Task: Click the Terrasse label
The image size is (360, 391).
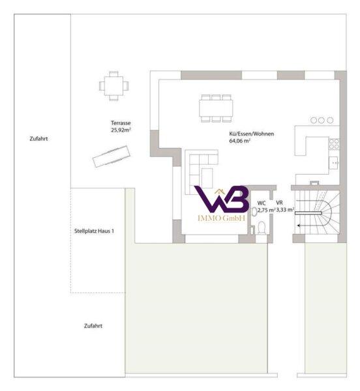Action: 121,123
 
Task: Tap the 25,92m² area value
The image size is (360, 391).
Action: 121,130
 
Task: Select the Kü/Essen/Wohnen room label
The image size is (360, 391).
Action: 252,134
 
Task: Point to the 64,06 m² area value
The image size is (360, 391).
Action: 240,141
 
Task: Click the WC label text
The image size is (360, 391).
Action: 262,203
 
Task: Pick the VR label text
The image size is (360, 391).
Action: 279,203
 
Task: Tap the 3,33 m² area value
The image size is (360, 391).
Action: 285,210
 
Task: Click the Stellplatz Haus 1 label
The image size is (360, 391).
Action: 94,231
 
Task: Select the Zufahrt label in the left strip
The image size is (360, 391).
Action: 38,139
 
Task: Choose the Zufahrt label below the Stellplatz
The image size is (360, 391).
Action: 93,326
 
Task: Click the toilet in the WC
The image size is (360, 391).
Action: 262,227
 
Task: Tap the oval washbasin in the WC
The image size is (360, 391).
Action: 254,212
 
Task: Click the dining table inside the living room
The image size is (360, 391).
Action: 216,108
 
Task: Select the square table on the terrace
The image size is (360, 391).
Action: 113,85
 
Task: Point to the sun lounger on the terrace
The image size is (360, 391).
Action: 112,156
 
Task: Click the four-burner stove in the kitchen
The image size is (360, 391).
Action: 334,144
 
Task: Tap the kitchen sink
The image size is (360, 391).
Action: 333,163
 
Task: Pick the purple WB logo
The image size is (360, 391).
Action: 222,199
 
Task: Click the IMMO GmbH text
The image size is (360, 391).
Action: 221,218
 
